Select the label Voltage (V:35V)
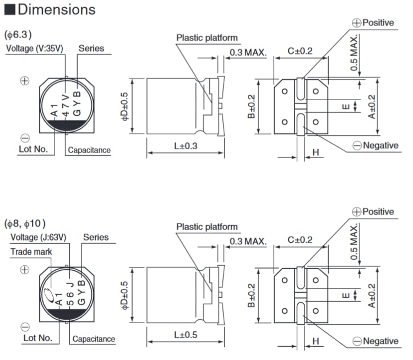35,48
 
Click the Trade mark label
31,252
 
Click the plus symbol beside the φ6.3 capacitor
24,80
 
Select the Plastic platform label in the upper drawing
207,38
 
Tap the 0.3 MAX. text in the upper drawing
248,53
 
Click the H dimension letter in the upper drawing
316,152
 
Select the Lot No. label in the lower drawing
37,338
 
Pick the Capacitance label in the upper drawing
89,150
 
